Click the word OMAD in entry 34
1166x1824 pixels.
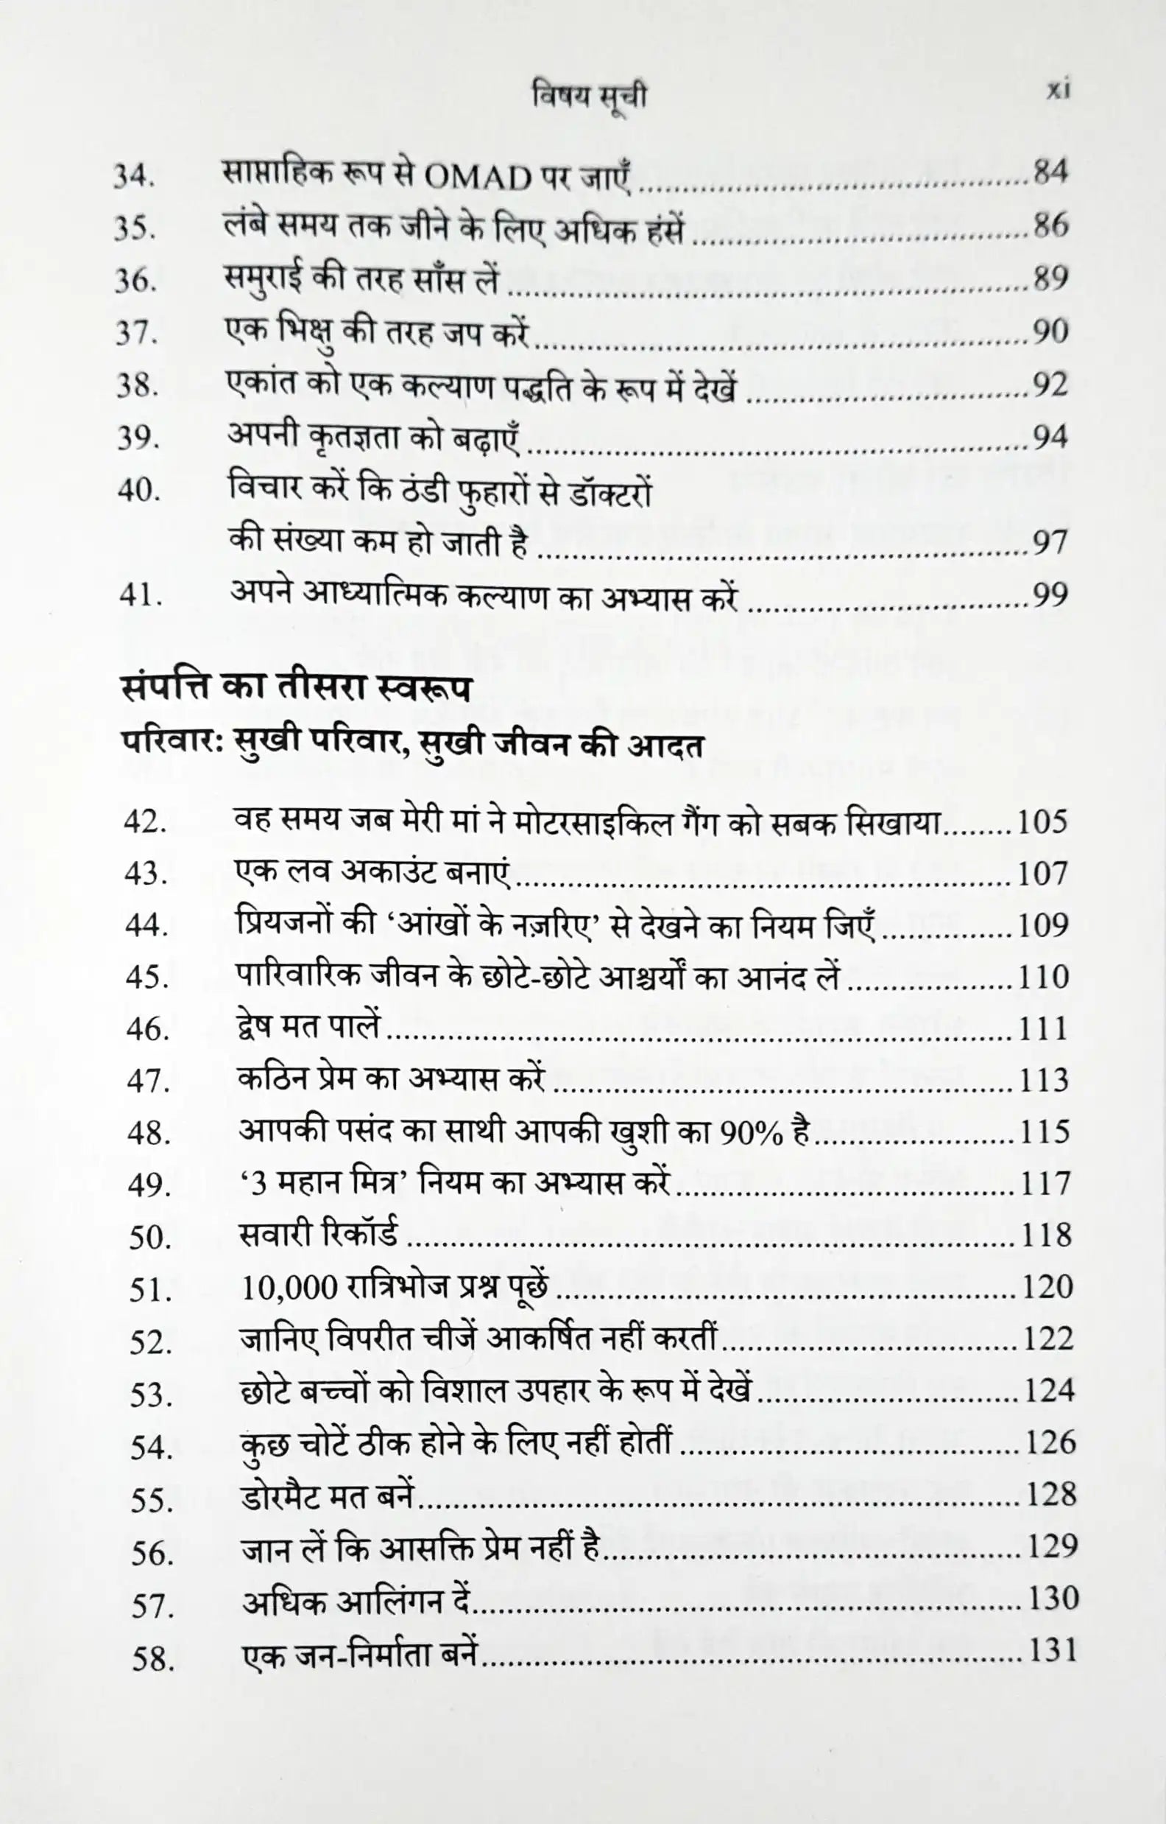point(478,179)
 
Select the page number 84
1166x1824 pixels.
point(1050,172)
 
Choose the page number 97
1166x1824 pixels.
point(1050,542)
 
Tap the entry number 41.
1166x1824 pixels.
point(140,596)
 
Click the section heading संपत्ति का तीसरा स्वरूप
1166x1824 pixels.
point(296,690)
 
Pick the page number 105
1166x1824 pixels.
point(1042,823)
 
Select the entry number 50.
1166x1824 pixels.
point(150,1238)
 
